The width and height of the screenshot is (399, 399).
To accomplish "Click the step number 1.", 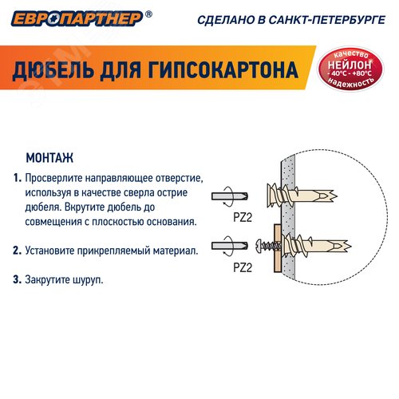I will tap(17, 178).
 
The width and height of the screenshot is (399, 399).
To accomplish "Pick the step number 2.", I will tap(17, 251).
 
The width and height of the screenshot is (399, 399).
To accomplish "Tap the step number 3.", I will tap(17, 280).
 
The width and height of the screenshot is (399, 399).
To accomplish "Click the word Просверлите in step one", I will tap(54, 178).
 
